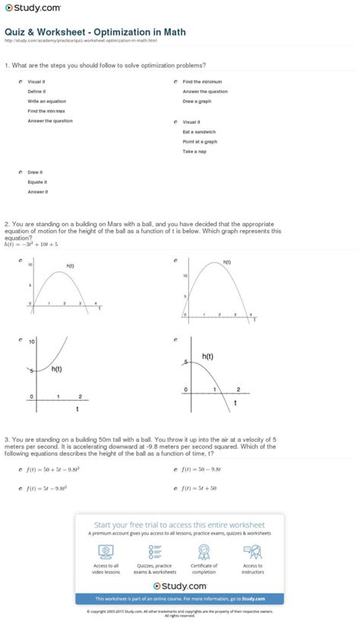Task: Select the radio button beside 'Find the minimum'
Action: pos(175,81)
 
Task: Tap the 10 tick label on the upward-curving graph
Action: pos(31,342)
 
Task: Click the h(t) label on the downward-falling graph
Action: pos(207,355)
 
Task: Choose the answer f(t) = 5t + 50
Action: pos(200,489)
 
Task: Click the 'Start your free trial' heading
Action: pos(180,525)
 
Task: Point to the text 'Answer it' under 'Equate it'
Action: pos(37,192)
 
